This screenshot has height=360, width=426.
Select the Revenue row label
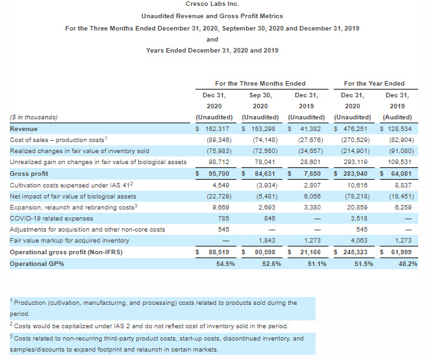click(23, 129)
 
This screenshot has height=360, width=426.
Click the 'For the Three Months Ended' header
click(260, 83)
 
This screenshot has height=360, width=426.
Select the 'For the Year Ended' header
click(373, 83)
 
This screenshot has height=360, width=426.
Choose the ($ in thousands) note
click(34, 117)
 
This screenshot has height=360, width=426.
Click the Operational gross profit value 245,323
click(357, 252)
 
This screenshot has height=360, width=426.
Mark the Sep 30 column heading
click(260, 95)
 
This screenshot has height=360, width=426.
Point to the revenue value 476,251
click(357, 129)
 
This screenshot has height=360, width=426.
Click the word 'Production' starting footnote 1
click(31, 303)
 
